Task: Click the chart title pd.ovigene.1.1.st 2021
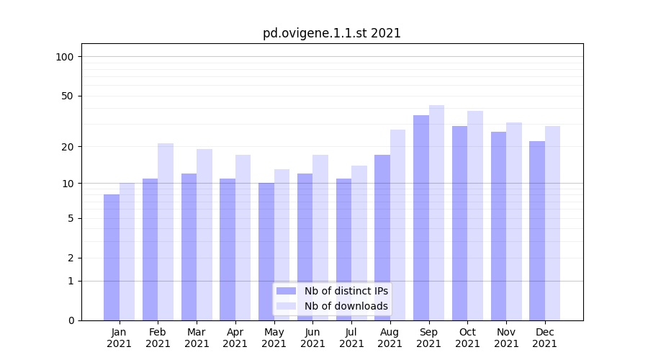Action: (331, 33)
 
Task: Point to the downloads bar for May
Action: (282, 244)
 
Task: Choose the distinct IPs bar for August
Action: (382, 237)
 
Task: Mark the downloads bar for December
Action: (552, 222)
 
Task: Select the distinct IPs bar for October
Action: (459, 222)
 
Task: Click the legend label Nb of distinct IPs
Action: (346, 291)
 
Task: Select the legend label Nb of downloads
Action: (346, 306)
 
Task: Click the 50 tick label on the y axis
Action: (68, 96)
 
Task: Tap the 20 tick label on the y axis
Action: (68, 147)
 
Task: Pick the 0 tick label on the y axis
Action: (71, 320)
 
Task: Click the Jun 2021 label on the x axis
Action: (312, 338)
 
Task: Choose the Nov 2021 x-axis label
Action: (506, 338)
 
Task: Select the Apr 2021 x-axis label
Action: (235, 338)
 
